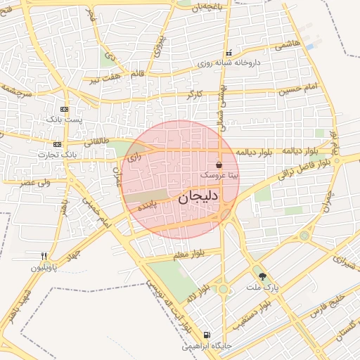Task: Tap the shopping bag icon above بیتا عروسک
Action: tap(220, 165)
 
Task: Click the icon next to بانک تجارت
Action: tap(57, 143)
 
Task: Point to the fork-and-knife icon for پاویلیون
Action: tap(44, 256)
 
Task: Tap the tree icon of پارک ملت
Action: tap(263, 276)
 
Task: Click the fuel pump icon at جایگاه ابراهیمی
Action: tap(206, 335)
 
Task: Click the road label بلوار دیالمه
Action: tap(258, 151)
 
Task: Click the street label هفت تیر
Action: tap(103, 79)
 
